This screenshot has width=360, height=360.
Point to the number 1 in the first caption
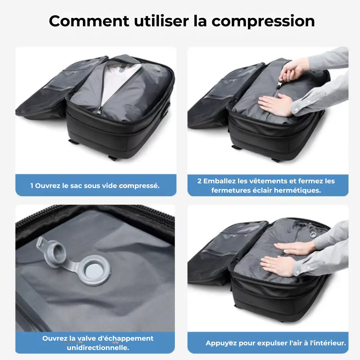pos(32,186)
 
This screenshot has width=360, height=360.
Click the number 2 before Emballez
pos(199,181)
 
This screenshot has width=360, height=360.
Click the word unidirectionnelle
pos(98,348)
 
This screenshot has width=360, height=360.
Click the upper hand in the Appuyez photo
pos(293,247)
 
